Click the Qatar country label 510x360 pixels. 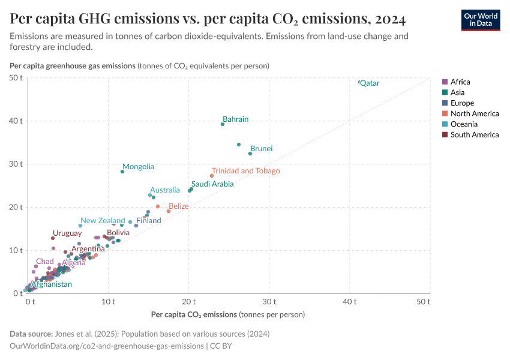click(x=370, y=83)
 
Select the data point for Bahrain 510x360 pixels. click(x=223, y=124)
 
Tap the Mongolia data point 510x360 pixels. click(x=122, y=172)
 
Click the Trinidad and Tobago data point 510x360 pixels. click(x=212, y=176)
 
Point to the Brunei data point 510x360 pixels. click(x=250, y=154)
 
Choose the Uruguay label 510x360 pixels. click(x=67, y=233)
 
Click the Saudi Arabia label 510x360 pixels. click(x=212, y=184)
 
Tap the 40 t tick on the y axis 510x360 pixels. click(x=16, y=121)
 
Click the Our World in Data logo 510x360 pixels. click(x=480, y=20)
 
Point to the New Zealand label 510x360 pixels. click(x=103, y=221)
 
